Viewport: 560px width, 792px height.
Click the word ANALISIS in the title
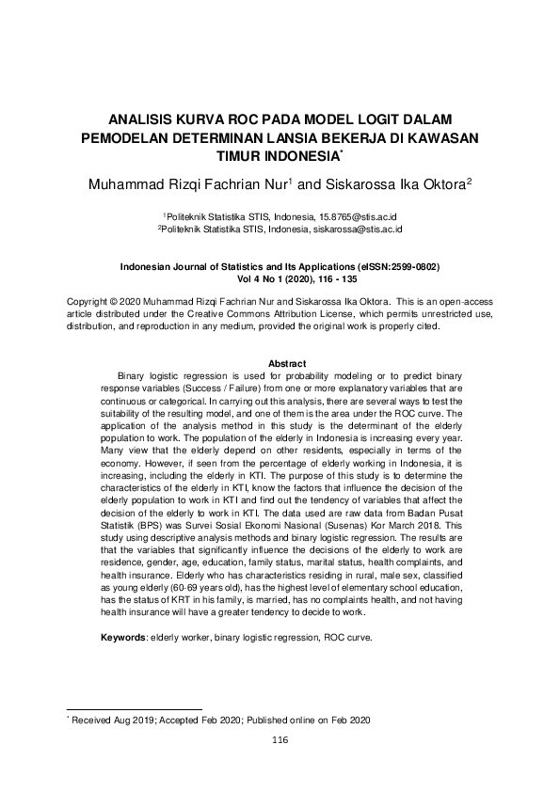click(144, 119)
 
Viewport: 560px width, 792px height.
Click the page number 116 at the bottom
click(279, 740)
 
